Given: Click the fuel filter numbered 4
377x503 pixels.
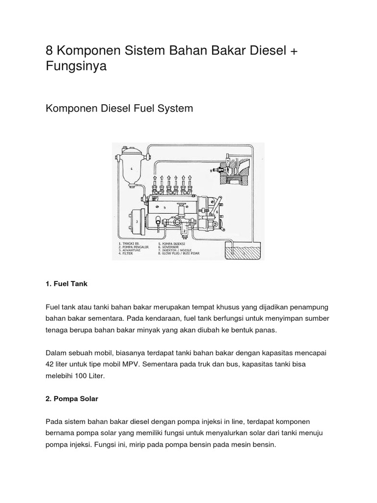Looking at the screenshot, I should (131, 169).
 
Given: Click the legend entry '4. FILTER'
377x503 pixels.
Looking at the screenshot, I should (129, 255).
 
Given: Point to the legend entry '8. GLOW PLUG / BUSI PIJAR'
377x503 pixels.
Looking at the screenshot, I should (181, 255).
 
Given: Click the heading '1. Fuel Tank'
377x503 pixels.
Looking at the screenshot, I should (66, 284).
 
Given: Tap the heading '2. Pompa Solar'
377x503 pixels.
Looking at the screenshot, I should (72, 399).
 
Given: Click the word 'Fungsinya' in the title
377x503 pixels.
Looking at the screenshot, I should (76, 66).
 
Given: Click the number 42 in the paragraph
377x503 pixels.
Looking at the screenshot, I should (50, 364).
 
